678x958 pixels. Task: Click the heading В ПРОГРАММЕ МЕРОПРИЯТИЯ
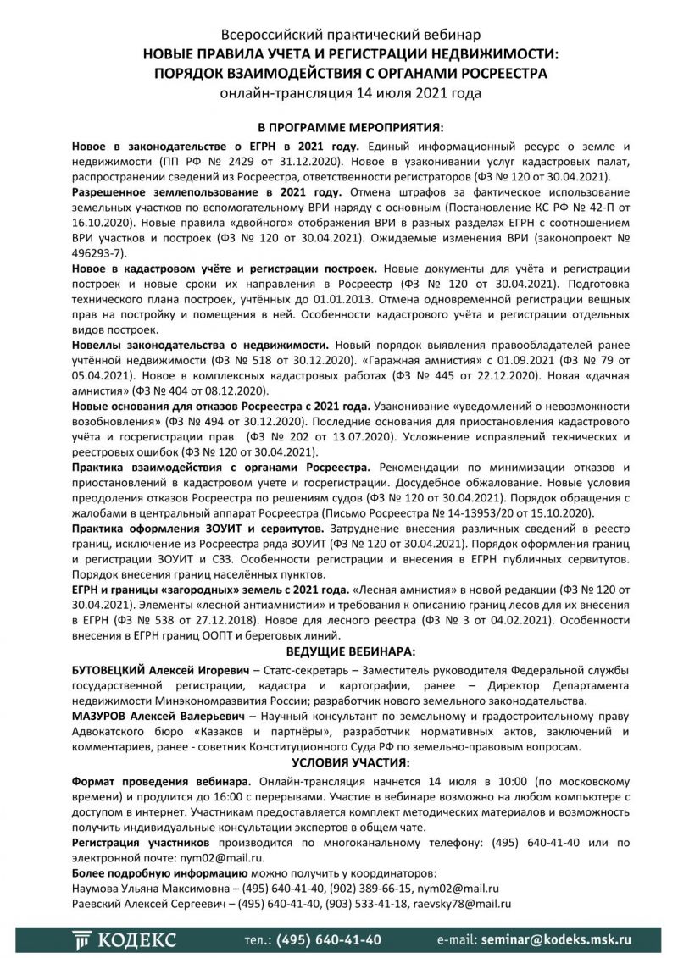(x=339, y=127)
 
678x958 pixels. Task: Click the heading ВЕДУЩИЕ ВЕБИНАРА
(x=339, y=651)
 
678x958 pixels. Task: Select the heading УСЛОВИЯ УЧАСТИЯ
(x=339, y=761)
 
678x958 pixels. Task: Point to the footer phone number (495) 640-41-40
(x=313, y=939)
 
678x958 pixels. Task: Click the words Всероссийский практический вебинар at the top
(x=339, y=35)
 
